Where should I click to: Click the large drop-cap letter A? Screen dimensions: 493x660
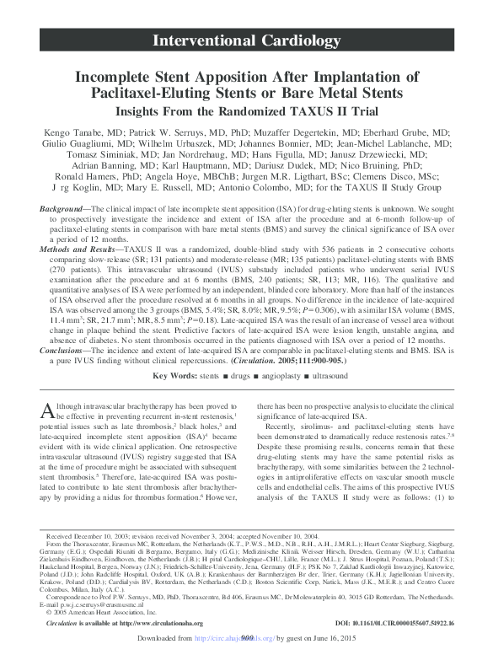(47, 411)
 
